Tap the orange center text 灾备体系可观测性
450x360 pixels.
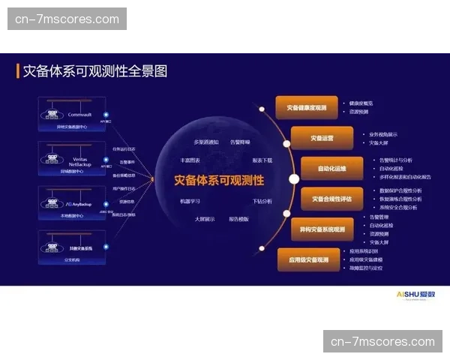(219, 180)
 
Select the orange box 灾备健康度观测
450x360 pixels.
(306, 108)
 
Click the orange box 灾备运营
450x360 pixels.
(322, 139)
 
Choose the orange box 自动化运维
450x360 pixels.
(331, 169)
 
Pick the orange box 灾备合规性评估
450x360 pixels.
(332, 199)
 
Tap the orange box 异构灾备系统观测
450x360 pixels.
(322, 229)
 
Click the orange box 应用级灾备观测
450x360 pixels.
(308, 259)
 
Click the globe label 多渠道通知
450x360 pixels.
(206, 142)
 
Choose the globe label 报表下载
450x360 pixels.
(262, 160)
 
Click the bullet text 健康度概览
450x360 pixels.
(361, 103)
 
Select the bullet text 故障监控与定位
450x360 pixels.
(365, 267)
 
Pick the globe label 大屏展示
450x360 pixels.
(205, 219)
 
